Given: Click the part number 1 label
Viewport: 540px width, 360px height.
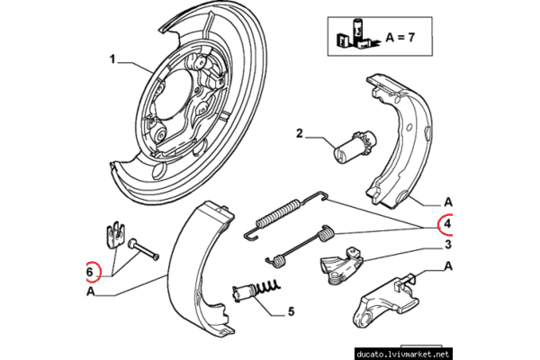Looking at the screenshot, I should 114,60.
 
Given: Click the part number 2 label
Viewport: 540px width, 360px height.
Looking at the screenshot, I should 300,136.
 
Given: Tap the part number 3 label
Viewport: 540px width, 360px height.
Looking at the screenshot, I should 446,244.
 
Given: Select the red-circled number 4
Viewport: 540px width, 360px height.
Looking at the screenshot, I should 446,223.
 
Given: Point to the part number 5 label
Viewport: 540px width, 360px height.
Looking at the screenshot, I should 291,313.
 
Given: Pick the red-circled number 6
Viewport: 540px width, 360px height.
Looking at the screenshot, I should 91,270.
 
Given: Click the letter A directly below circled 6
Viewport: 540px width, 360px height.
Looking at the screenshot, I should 91,292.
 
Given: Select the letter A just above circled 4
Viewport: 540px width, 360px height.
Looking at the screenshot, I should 446,202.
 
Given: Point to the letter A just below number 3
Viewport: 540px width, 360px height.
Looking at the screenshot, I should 446,266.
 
